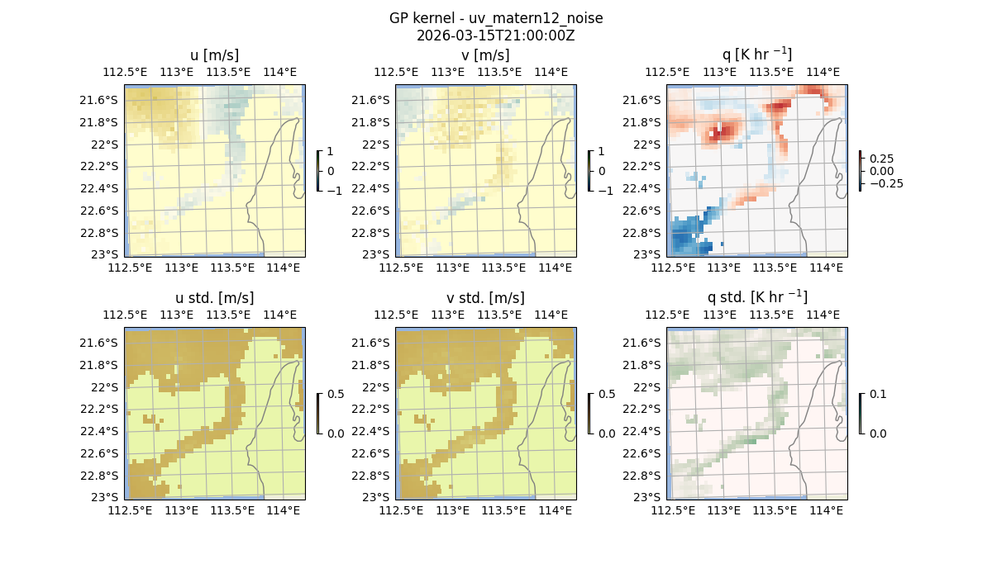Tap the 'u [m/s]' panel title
tap(214, 55)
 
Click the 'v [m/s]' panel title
tap(485, 55)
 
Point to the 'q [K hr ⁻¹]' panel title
tap(756, 55)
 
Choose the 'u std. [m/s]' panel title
tap(214, 297)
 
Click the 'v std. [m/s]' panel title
tap(485, 297)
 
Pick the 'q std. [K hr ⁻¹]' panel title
tap(756, 297)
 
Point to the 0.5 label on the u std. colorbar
tap(336, 394)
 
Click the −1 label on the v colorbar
tap(606, 191)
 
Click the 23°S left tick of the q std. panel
tap(651, 497)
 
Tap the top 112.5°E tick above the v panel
tap(391, 72)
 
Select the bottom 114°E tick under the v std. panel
tap(555, 510)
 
